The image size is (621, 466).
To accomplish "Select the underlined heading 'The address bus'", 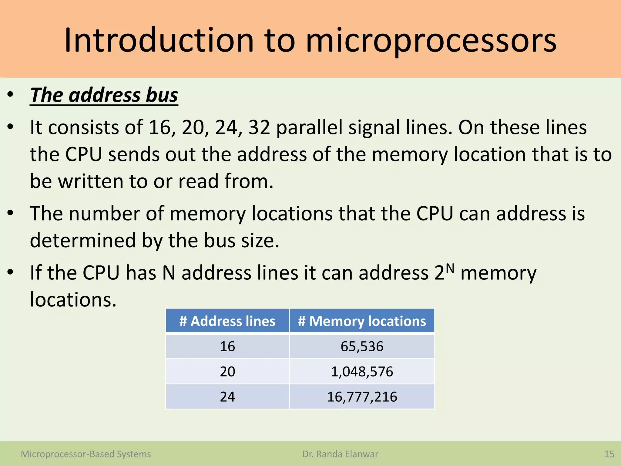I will coord(104,95).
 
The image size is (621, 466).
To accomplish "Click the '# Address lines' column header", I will coord(227,321).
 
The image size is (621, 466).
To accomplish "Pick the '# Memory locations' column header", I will coord(362,321).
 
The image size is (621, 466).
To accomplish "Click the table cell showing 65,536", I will coord(362,346).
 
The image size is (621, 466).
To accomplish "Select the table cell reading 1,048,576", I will coord(362,372).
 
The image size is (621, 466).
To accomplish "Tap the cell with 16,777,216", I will coord(362,397).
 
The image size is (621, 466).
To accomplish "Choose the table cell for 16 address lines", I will coord(227,346).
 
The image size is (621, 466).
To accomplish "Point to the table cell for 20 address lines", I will coord(227,372).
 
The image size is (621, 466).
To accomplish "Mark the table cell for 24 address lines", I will coord(227,397).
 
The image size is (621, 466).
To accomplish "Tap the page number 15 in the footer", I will coord(609,454).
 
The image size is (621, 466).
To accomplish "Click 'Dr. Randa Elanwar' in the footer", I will coord(340,454).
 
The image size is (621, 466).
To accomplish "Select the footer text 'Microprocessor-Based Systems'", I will coord(86,454).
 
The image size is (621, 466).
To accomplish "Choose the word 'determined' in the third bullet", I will coord(83,240).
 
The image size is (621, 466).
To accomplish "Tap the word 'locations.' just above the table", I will coord(73,300).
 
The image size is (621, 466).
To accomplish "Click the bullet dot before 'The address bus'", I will coord(11,95).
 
